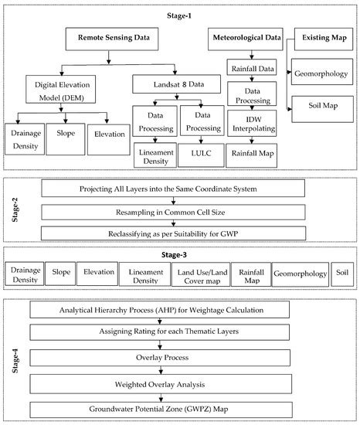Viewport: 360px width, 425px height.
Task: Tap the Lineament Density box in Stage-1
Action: [155, 152]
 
